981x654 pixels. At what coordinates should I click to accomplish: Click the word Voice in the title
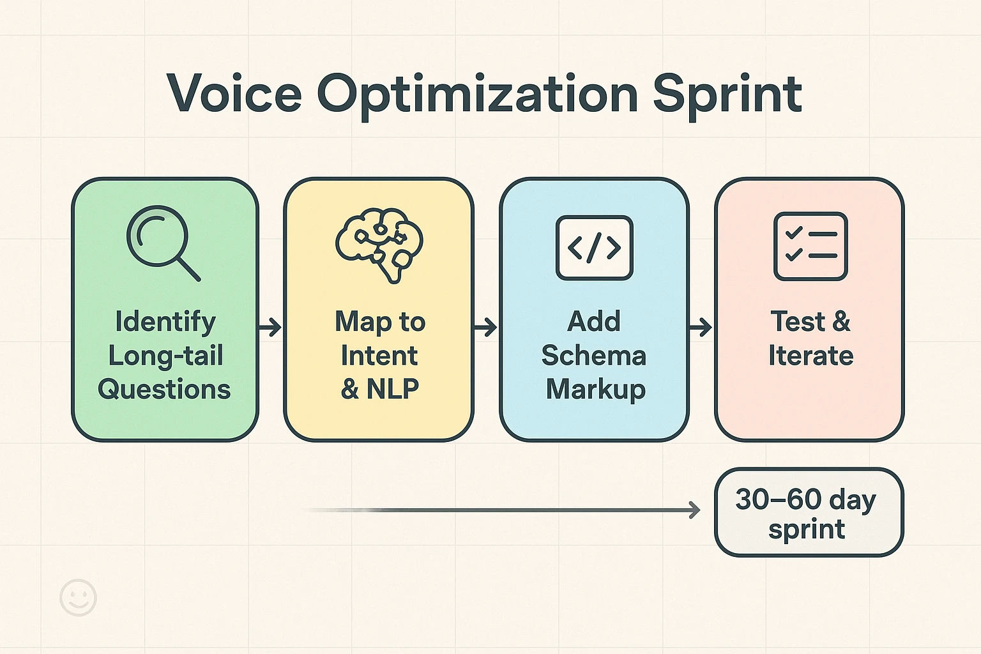point(234,94)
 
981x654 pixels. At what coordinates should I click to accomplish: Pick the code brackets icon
point(594,248)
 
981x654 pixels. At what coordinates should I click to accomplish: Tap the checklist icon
point(810,246)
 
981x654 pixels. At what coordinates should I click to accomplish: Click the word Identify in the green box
point(165,321)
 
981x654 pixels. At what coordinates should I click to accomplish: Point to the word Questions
point(164,389)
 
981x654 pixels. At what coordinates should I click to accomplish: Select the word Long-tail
point(165,356)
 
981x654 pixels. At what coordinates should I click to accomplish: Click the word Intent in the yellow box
point(379,356)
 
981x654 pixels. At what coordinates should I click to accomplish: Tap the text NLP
point(393,389)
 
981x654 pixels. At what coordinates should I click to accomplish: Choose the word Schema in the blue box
point(594,356)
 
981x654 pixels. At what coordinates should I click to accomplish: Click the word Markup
point(595,389)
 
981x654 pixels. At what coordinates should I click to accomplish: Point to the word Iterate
point(810,356)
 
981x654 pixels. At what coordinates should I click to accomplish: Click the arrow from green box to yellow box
point(270,328)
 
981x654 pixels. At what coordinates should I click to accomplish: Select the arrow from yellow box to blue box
point(485,328)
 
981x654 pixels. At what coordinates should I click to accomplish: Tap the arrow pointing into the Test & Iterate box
point(701,328)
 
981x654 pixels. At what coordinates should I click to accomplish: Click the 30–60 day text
point(805,499)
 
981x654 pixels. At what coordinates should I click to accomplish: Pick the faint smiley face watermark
point(78,598)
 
